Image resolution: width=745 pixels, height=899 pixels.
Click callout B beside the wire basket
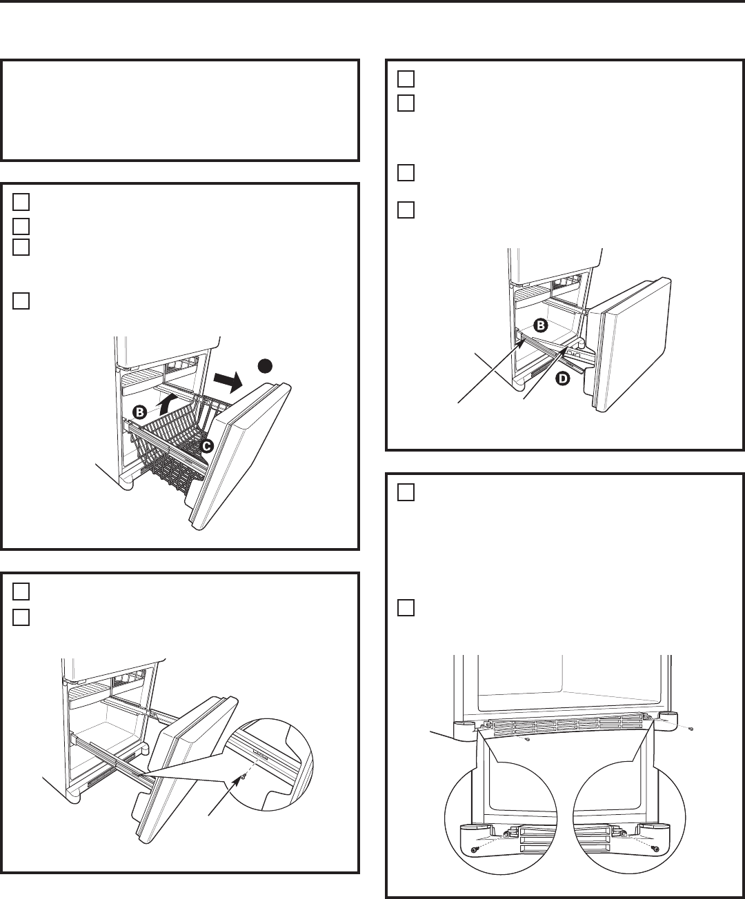coord(139,412)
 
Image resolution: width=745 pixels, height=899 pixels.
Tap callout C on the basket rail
coord(207,447)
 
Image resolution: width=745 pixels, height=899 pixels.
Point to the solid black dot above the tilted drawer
coord(265,366)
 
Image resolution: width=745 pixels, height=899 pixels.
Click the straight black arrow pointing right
coord(229,382)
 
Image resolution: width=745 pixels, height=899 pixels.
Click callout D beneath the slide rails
coord(563,379)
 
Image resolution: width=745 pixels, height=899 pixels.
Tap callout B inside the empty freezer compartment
coord(540,325)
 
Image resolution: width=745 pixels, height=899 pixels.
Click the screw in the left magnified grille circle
coord(475,850)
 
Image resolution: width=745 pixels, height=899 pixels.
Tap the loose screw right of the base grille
coord(691,729)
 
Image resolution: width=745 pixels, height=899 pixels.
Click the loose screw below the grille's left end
coord(528,740)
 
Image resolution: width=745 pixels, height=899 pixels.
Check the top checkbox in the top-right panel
coord(406,79)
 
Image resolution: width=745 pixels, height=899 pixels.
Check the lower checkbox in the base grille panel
coord(406,608)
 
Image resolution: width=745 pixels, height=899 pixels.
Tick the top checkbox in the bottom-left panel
coord(21,592)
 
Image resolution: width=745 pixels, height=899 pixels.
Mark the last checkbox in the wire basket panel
coord(21,301)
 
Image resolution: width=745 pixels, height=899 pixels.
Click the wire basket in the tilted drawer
coord(172,443)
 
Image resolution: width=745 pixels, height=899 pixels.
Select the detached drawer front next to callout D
coord(630,345)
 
